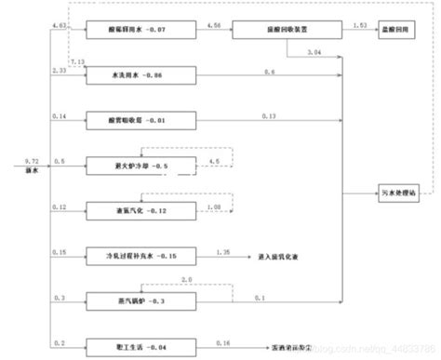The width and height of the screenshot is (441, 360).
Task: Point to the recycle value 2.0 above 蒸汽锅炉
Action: pyautogui.click(x=186, y=279)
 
